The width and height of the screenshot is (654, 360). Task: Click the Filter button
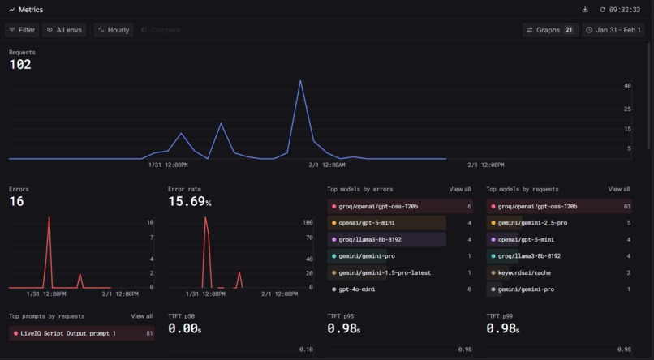point(22,30)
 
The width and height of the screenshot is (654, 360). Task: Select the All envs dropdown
point(64,30)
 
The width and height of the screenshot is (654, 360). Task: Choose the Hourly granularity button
point(114,30)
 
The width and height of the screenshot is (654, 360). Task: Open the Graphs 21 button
point(549,30)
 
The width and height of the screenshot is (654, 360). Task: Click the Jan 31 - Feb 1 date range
point(613,30)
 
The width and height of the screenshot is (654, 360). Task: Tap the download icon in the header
point(586,10)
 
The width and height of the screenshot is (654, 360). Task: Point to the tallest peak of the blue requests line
point(300,80)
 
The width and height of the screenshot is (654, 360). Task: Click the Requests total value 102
point(20,65)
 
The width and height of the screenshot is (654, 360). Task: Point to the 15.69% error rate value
point(189,201)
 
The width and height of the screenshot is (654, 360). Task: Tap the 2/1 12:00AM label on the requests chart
point(327,165)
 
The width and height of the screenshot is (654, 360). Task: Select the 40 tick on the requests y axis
point(627,85)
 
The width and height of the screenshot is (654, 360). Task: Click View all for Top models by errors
point(459,189)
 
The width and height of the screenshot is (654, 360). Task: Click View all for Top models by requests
point(619,189)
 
